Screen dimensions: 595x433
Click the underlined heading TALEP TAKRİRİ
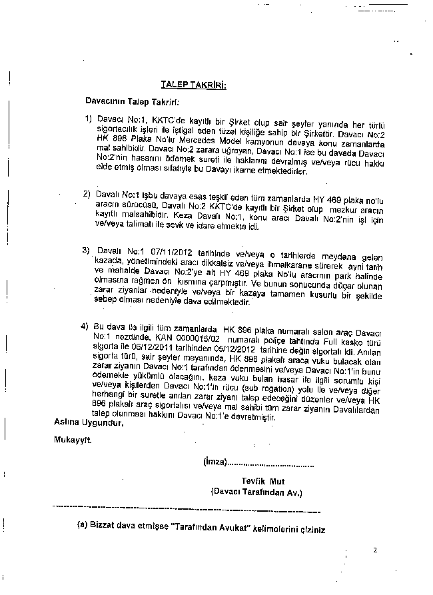click(x=194, y=85)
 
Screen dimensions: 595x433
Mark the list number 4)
click(x=85, y=327)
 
